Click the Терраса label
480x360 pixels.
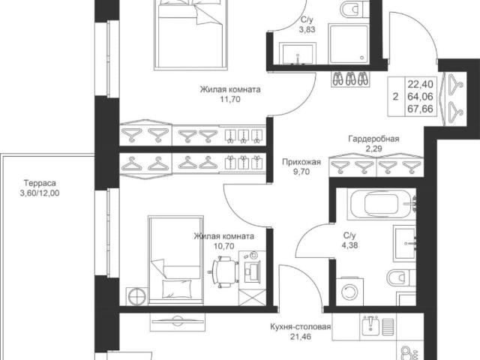pyautogui.click(x=40, y=183)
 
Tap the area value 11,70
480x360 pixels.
pyautogui.click(x=230, y=99)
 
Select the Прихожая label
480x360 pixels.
pyautogui.click(x=301, y=162)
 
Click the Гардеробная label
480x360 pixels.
pyautogui.click(x=373, y=139)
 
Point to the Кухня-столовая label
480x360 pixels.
pyautogui.click(x=301, y=327)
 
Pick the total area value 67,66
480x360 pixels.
pyautogui.click(x=420, y=109)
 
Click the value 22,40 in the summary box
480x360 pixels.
pyautogui.click(x=420, y=84)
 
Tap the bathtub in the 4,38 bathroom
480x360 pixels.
pyautogui.click(x=382, y=204)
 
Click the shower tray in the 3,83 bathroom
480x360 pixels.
pyautogui.click(x=348, y=44)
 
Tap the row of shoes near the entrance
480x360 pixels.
pyautogui.click(x=350, y=79)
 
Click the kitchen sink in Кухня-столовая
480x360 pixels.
pyautogui.click(x=371, y=327)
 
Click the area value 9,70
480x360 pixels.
pyautogui.click(x=301, y=172)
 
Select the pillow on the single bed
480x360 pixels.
pyautogui.click(x=176, y=288)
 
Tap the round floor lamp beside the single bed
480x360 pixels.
pyautogui.click(x=136, y=296)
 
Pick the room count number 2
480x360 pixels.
pyautogui.click(x=396, y=97)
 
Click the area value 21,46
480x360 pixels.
pyautogui.click(x=301, y=337)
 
